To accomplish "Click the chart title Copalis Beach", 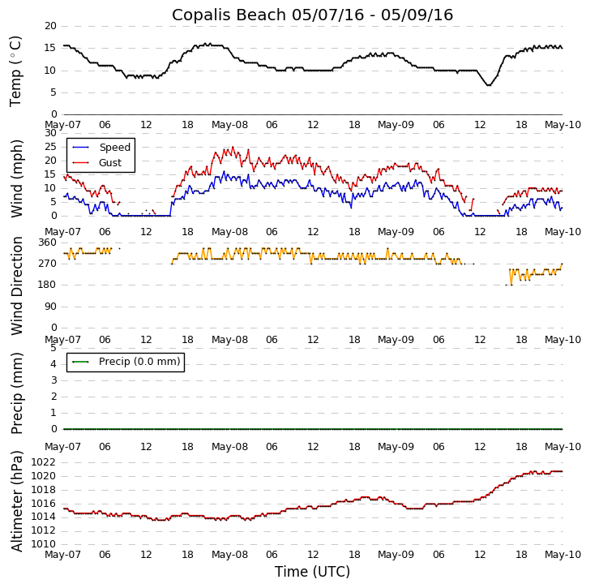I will coord(312,15).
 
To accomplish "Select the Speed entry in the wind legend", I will coord(114,148).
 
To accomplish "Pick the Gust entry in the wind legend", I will coord(110,163).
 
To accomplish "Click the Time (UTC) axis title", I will coord(312,572).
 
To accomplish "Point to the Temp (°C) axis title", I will coord(16,71).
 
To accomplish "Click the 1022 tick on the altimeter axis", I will coord(43,463).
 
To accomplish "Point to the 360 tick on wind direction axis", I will coord(47,242).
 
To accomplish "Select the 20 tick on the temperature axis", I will coord(50,26).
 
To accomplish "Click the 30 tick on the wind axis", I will coord(50,134).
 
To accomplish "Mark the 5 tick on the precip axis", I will coord(53,347).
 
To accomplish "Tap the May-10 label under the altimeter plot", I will coord(562,556).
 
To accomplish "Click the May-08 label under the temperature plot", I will coord(229,125).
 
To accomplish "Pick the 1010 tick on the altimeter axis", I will coord(43,544).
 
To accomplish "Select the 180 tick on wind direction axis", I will coord(47,285).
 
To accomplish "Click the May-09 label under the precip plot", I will coord(396,447).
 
